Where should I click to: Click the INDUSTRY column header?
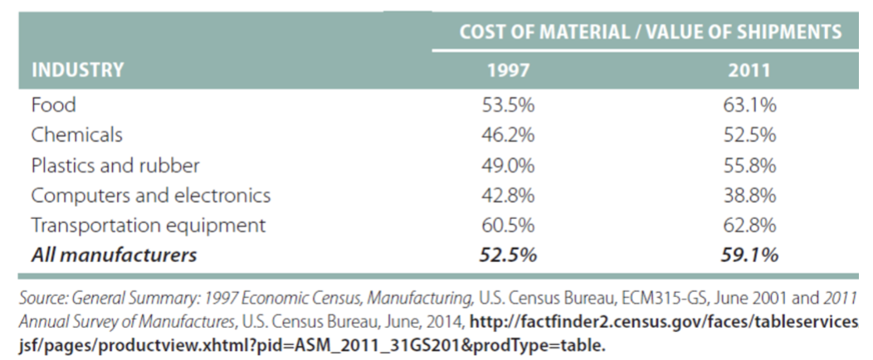tap(77, 71)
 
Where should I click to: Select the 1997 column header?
tap(508, 71)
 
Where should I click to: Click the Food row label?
tap(53, 105)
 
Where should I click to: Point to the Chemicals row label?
tap(77, 135)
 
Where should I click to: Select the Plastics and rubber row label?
tap(115, 165)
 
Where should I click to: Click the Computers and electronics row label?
tap(151, 195)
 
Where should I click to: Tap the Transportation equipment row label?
tap(148, 226)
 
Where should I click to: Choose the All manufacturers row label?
tap(115, 255)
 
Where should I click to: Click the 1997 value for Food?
tap(508, 105)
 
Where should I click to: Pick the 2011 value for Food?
tap(749, 105)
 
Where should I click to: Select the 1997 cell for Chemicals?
tap(508, 135)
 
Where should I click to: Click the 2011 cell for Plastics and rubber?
tap(749, 165)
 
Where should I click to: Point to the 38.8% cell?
tap(749, 195)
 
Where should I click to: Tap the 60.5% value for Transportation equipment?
tap(508, 226)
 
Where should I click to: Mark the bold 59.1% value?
tap(749, 255)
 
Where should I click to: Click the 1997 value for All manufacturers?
tap(509, 255)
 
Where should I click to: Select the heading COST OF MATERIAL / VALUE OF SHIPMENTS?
tap(651, 32)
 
